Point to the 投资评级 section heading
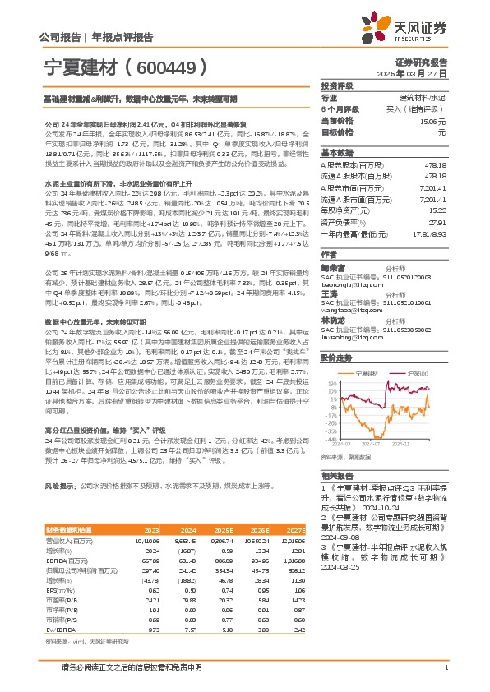point(336,85)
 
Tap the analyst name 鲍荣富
point(334,267)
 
